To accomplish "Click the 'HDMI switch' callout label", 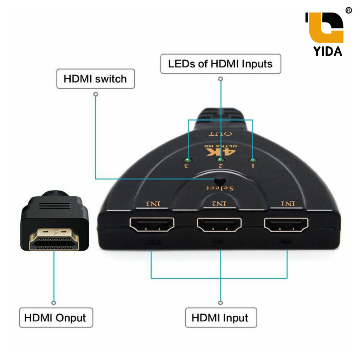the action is pyautogui.click(x=96, y=79).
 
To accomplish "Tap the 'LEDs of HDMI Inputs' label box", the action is pyautogui.click(x=221, y=64).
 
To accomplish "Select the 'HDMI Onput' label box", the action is pyautogui.click(x=56, y=317).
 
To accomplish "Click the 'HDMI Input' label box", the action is pyautogui.click(x=221, y=317).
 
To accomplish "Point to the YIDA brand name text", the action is pyautogui.click(x=328, y=51).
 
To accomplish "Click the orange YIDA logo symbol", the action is pyautogui.click(x=324, y=27).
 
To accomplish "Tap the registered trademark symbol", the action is pyautogui.click(x=348, y=10).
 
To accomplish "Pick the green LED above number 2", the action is pyautogui.click(x=220, y=159).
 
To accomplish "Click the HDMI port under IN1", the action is pyautogui.click(x=286, y=224).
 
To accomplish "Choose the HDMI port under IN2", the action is pyautogui.click(x=219, y=224).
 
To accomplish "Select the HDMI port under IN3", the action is pyautogui.click(x=152, y=224).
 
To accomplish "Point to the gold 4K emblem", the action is pyautogui.click(x=221, y=150).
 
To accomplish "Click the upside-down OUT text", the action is pyautogui.click(x=220, y=134).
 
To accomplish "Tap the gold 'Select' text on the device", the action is pyautogui.click(x=220, y=188).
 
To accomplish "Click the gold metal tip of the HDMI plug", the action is pyautogui.click(x=54, y=239).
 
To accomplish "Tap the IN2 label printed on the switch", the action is pyautogui.click(x=219, y=204).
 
